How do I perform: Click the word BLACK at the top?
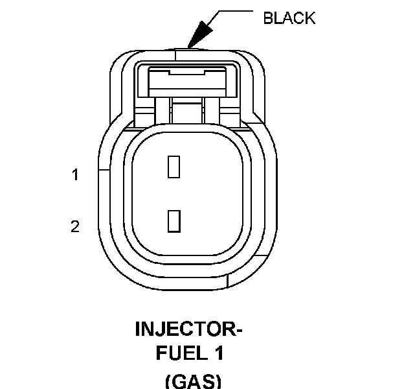click(289, 18)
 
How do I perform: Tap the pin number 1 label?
click(75, 174)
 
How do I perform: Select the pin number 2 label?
click(75, 226)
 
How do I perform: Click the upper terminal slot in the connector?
click(174, 167)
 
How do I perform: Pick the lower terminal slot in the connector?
click(174, 221)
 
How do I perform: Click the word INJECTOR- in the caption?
click(188, 329)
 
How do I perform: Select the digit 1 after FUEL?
click(219, 353)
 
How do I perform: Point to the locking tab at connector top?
click(188, 81)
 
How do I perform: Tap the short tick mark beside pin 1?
click(104, 170)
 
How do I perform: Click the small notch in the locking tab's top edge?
click(187, 72)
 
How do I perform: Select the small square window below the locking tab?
click(187, 112)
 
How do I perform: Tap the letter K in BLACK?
click(309, 18)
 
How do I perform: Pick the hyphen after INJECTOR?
click(239, 331)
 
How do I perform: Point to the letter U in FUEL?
click(175, 353)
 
